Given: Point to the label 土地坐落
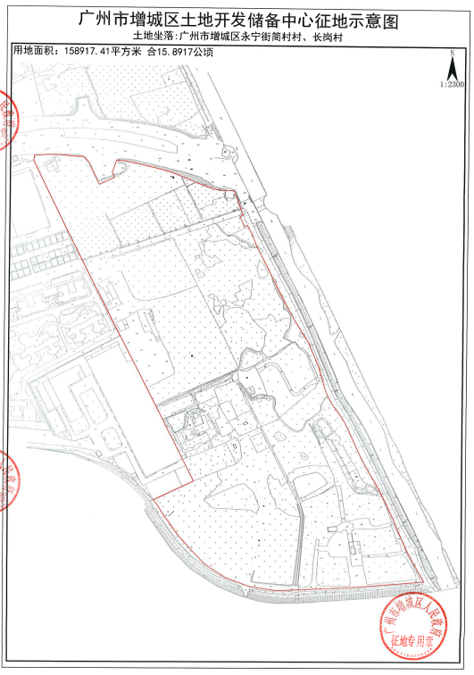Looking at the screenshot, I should pyautogui.click(x=153, y=37).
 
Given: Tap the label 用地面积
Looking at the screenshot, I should pyautogui.click(x=33, y=53).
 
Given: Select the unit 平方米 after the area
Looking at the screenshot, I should pyautogui.click(x=128, y=53).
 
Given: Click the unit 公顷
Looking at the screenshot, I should pyautogui.click(x=204, y=53).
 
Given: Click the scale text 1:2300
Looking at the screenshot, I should pyautogui.click(x=453, y=84).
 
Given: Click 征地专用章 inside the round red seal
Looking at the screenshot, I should pyautogui.click(x=406, y=640).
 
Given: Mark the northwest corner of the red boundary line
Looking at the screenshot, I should pyautogui.click(x=34, y=157).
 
